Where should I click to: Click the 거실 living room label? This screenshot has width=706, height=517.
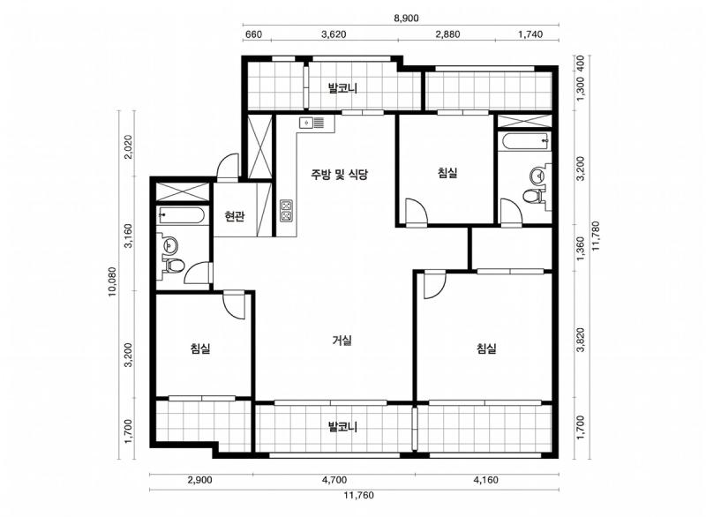click(x=342, y=341)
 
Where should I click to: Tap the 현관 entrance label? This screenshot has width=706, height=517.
click(x=235, y=217)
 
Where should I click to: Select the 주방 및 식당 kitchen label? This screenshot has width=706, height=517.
click(x=340, y=174)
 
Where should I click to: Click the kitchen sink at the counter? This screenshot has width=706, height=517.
click(x=312, y=122)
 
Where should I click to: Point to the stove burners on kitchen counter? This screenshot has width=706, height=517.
click(x=286, y=211)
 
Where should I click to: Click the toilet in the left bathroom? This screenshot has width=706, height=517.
click(x=173, y=265)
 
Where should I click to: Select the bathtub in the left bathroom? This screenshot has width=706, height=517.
click(x=182, y=215)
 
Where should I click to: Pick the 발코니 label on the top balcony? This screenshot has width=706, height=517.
click(x=342, y=87)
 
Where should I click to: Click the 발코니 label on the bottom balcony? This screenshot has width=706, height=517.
click(x=342, y=426)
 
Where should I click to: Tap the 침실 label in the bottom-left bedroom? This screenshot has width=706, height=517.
click(x=200, y=348)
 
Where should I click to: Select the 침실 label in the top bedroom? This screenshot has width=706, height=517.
click(x=447, y=173)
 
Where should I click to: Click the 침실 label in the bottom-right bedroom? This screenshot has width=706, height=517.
click(x=486, y=348)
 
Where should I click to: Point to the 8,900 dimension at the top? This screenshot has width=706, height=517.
click(x=406, y=19)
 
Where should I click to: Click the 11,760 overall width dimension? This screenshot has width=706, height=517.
click(x=358, y=496)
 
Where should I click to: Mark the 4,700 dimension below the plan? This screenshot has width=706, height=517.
click(x=334, y=480)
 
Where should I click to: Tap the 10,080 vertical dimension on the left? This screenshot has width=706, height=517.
click(x=112, y=282)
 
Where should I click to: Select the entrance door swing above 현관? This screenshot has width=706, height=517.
click(x=228, y=167)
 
